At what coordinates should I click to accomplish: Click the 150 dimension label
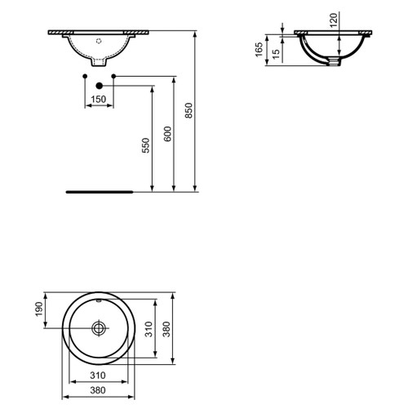(x=99, y=99)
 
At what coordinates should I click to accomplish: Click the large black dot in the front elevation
(x=99, y=84)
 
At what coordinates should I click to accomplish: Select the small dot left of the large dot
(x=85, y=76)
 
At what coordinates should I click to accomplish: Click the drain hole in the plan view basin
(x=99, y=328)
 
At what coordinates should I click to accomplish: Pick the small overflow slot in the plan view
(x=99, y=303)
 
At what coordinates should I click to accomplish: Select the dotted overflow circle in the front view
(x=99, y=38)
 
